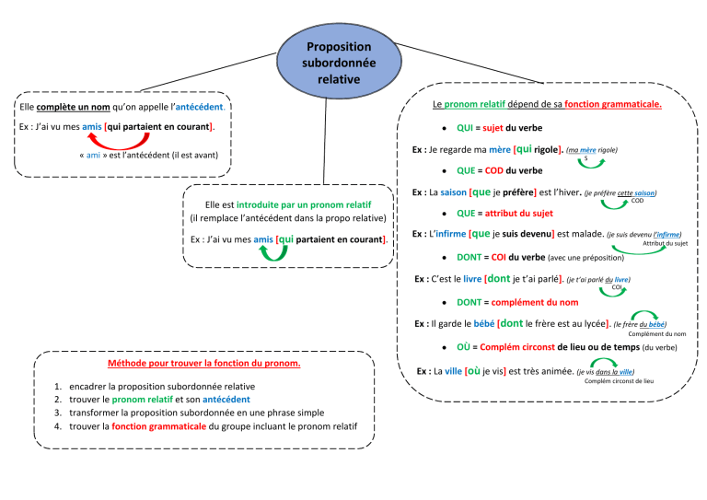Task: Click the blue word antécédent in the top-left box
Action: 201,108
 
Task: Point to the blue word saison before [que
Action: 453,193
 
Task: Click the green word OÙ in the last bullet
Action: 464,347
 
